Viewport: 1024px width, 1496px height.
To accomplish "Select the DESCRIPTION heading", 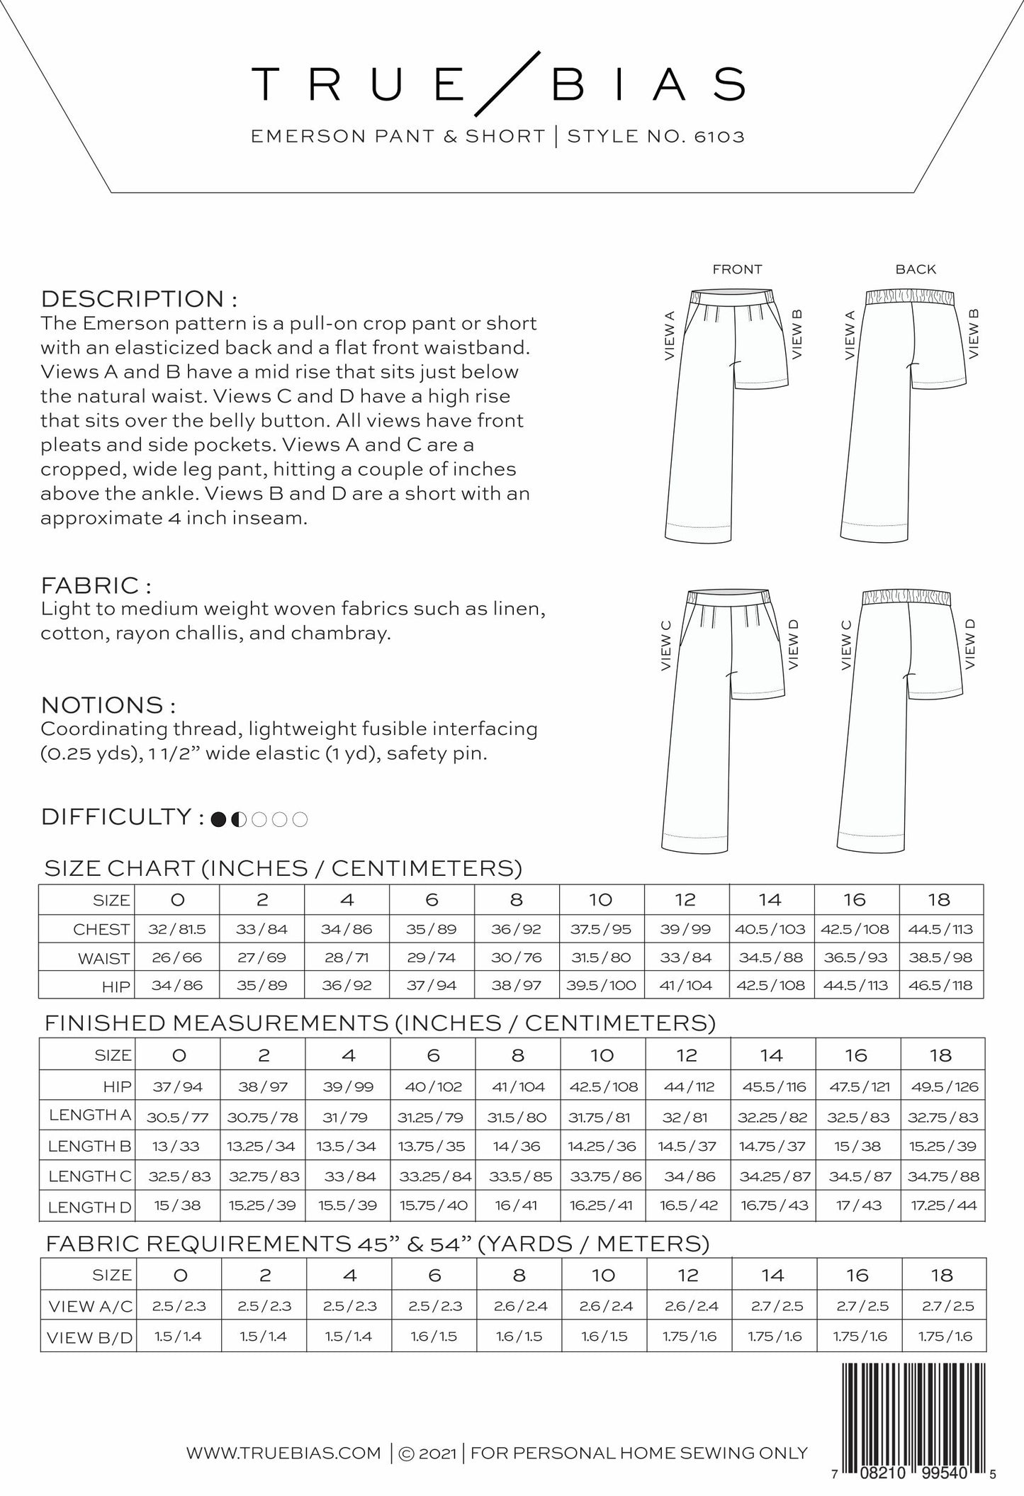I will click(x=138, y=298).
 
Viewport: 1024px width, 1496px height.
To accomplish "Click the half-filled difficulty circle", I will click(x=240, y=819).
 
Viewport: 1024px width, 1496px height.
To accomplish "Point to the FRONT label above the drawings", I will click(x=737, y=269).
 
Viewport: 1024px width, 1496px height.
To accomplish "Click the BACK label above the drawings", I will click(x=915, y=269).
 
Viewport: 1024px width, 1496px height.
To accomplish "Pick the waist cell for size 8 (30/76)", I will click(x=516, y=957).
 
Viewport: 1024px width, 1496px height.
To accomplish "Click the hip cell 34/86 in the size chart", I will click(x=176, y=985).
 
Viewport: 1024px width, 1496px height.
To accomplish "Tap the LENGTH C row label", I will click(x=89, y=1176).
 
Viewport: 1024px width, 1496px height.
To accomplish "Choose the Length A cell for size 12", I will click(x=686, y=1118).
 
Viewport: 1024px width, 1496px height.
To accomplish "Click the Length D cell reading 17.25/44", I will click(x=942, y=1205).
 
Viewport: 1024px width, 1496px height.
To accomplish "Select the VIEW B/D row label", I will click(x=89, y=1338).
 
